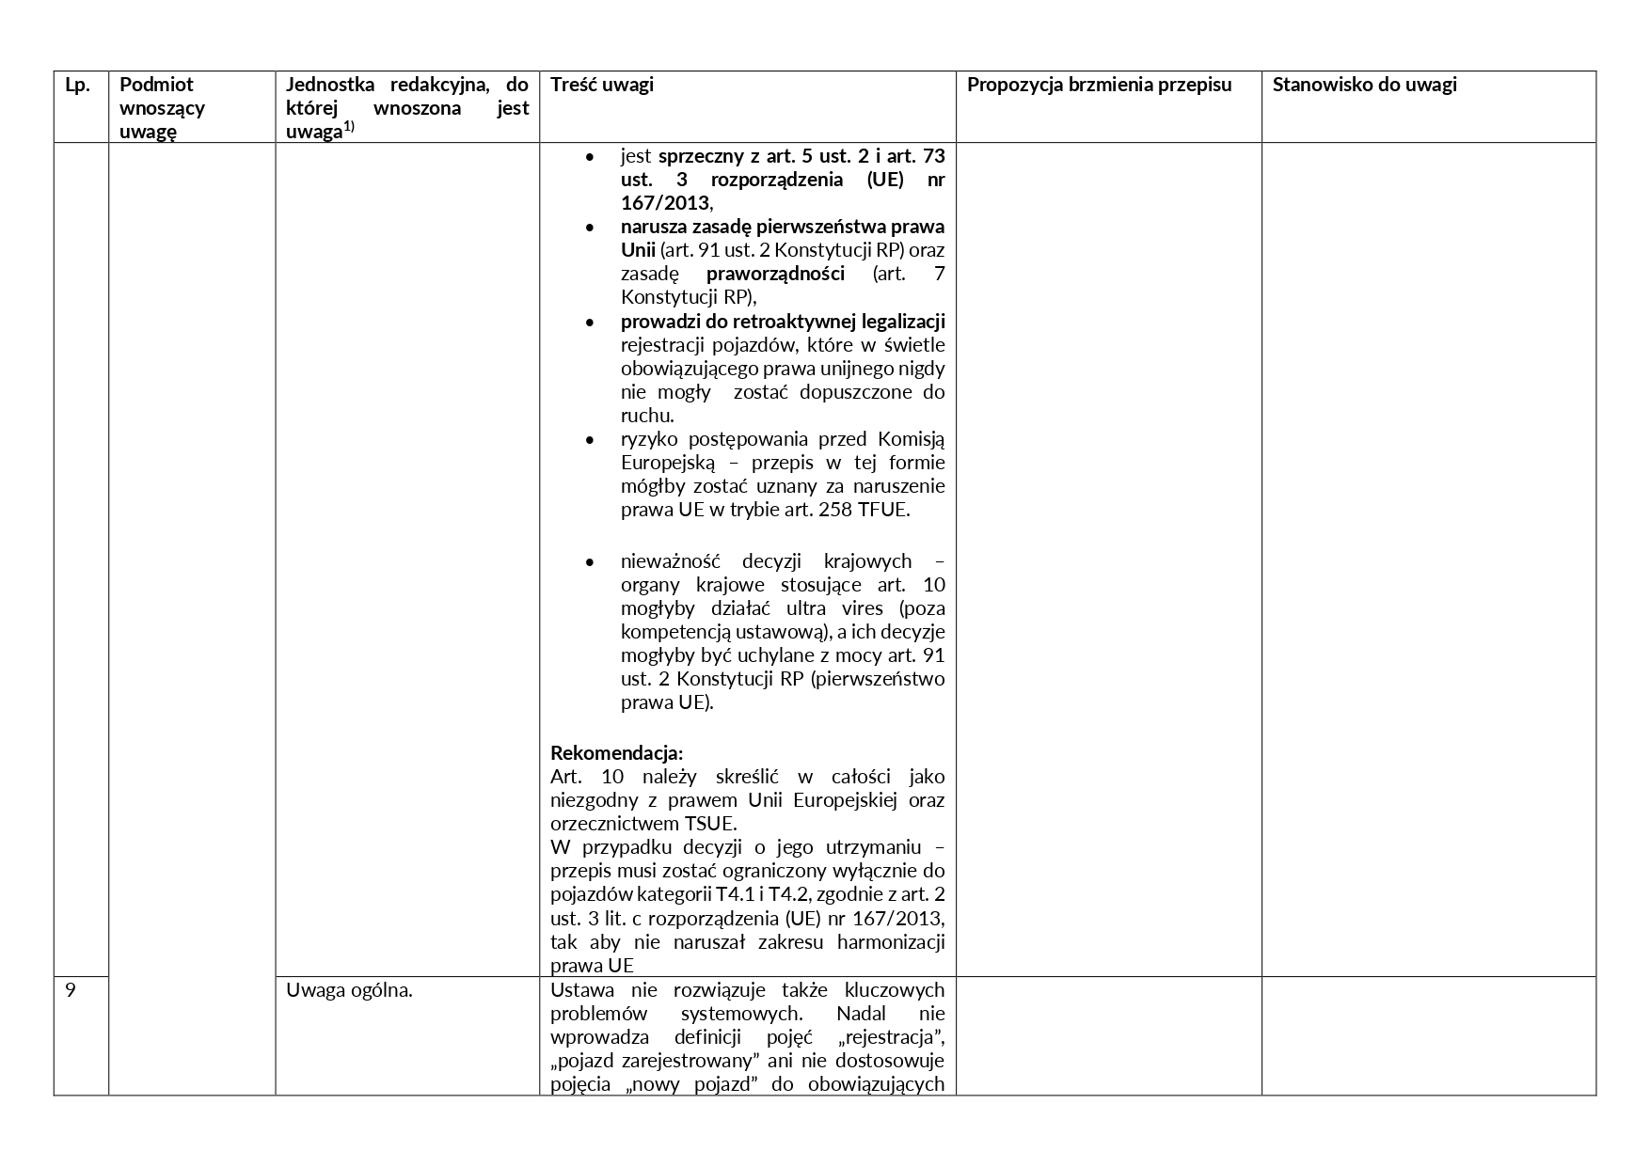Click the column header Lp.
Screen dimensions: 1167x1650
(77, 85)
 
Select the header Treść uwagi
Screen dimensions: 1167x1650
(602, 85)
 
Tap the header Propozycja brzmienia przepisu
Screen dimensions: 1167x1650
(1099, 85)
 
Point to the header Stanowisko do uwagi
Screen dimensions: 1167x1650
(1364, 85)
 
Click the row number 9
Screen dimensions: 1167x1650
(71, 989)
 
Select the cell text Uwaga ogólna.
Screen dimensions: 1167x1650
(349, 989)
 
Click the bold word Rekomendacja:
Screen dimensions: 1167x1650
(616, 753)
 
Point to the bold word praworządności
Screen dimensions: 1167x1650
(775, 274)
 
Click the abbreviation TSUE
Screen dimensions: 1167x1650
(710, 824)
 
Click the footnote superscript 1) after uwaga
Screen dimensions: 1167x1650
(348, 127)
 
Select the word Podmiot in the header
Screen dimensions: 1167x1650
(156, 85)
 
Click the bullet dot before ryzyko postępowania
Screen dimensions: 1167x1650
(590, 439)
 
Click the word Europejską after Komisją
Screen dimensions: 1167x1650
(668, 463)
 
